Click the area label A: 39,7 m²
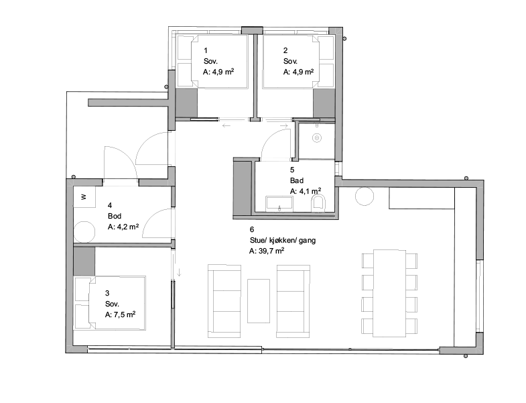(267, 251)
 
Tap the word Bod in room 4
(115, 216)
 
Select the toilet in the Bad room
(318, 204)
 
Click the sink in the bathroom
(279, 205)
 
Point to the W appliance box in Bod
(84, 196)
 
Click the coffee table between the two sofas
(259, 301)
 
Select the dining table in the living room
(390, 293)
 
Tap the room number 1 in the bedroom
(206, 50)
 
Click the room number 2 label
(285, 50)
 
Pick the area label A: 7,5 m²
(120, 314)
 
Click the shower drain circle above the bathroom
(317, 137)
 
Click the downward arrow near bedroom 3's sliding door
(179, 272)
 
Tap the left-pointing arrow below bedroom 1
(226, 125)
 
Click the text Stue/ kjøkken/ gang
(283, 240)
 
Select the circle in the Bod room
(84, 231)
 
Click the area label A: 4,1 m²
(306, 191)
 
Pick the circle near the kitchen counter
(365, 196)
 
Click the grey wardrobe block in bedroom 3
(84, 262)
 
